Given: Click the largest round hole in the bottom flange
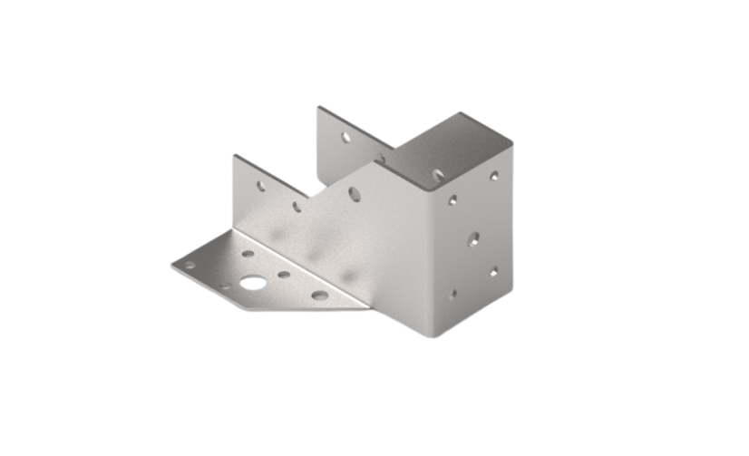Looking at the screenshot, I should [x=253, y=284].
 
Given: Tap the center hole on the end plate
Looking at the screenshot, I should [x=473, y=239].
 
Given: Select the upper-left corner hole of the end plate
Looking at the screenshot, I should [x=452, y=199].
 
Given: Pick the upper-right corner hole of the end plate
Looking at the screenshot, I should [x=494, y=176].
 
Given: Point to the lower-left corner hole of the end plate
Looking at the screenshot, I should [x=452, y=294].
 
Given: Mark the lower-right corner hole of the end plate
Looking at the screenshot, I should [x=494, y=270].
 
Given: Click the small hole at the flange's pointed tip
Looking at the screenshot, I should [x=189, y=266].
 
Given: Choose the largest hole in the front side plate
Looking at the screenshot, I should [x=355, y=193].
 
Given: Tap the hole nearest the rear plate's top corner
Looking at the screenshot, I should [x=345, y=139].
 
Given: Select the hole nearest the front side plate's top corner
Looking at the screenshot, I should [x=260, y=186].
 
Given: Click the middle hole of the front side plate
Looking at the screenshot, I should [x=297, y=207].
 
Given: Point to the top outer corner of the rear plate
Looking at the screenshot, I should [x=317, y=108].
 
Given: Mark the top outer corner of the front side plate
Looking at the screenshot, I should [x=234, y=156].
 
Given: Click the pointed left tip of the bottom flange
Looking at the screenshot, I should [x=172, y=267].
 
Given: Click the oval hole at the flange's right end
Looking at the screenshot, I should [x=319, y=295].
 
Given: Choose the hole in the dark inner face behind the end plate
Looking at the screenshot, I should [x=438, y=172].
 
